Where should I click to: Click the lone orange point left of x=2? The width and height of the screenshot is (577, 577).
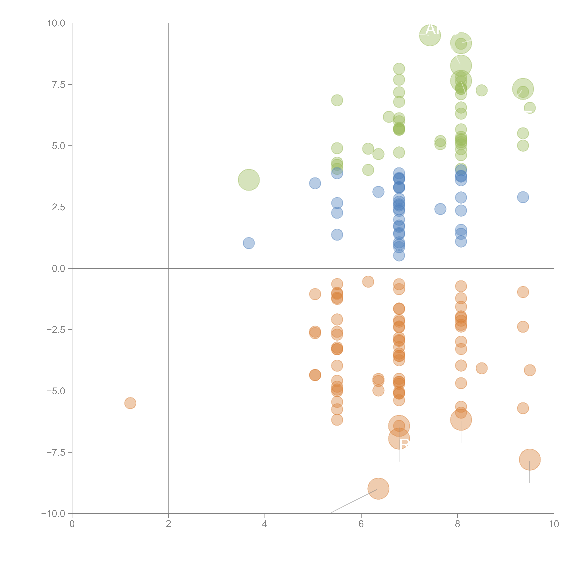(130, 403)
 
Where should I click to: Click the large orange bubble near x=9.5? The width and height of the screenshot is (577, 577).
(530, 460)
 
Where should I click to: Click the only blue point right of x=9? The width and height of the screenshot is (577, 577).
(523, 197)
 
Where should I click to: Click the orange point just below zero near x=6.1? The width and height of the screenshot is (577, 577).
(368, 282)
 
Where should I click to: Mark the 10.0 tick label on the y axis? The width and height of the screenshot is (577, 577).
(56, 23)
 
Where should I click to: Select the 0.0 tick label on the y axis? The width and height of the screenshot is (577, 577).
(59, 269)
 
